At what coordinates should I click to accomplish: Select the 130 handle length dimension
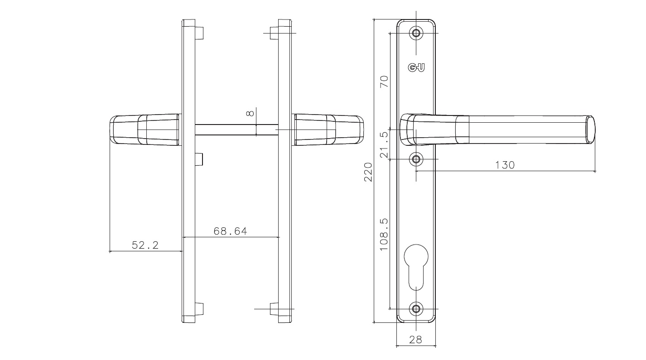(505, 165)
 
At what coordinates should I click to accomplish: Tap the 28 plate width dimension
(415, 340)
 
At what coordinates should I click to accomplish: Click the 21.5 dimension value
(384, 145)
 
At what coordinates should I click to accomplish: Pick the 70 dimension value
(384, 82)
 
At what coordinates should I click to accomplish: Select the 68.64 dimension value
(230, 231)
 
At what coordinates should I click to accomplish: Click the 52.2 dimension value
(145, 245)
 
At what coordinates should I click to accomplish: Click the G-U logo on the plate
(416, 68)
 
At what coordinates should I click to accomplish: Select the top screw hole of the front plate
(416, 33)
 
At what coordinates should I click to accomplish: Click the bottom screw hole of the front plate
(416, 309)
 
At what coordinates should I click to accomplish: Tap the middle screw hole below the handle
(416, 159)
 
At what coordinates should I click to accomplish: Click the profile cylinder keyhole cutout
(416, 267)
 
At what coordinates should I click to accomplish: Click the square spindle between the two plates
(236, 130)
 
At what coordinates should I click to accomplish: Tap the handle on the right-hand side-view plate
(328, 130)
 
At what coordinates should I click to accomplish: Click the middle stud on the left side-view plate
(199, 160)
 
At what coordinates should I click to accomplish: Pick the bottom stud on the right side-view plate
(274, 309)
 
